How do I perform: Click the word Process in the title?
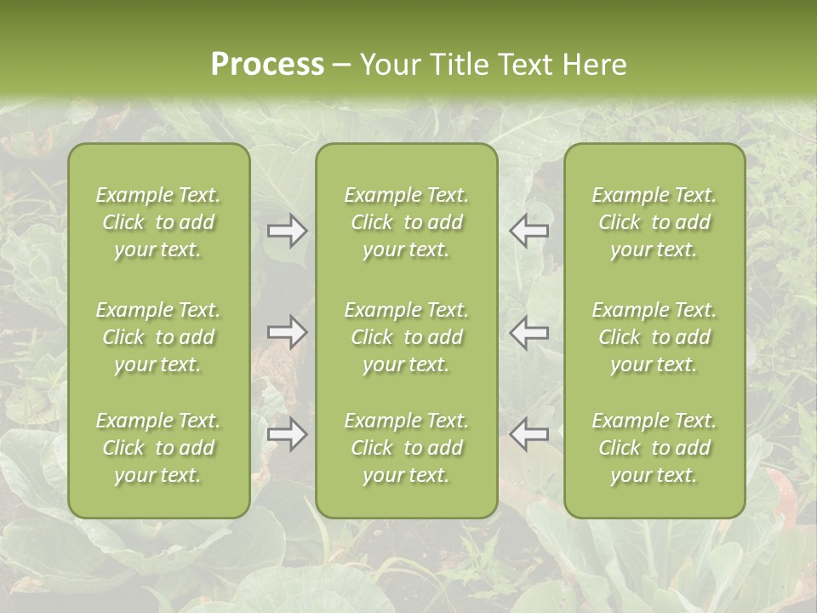coord(267,65)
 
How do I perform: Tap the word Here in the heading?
coord(594,65)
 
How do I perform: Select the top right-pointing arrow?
coord(287,231)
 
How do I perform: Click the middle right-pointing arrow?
coord(287,332)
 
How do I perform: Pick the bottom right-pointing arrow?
coord(287,434)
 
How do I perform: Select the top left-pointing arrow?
coord(528,231)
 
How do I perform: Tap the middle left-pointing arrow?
coord(528,332)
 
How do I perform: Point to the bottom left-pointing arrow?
coord(528,434)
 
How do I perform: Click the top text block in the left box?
coord(158,222)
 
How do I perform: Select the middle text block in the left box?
coord(158,337)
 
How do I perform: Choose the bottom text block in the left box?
coord(158,448)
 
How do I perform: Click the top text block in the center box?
coord(406,222)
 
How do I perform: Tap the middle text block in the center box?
coord(406,337)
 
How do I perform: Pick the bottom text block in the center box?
coord(406,448)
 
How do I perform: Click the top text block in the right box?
coord(654,222)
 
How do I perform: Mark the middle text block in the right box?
coord(654,337)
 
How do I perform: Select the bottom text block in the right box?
coord(654,448)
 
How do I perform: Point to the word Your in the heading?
coord(389,65)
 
